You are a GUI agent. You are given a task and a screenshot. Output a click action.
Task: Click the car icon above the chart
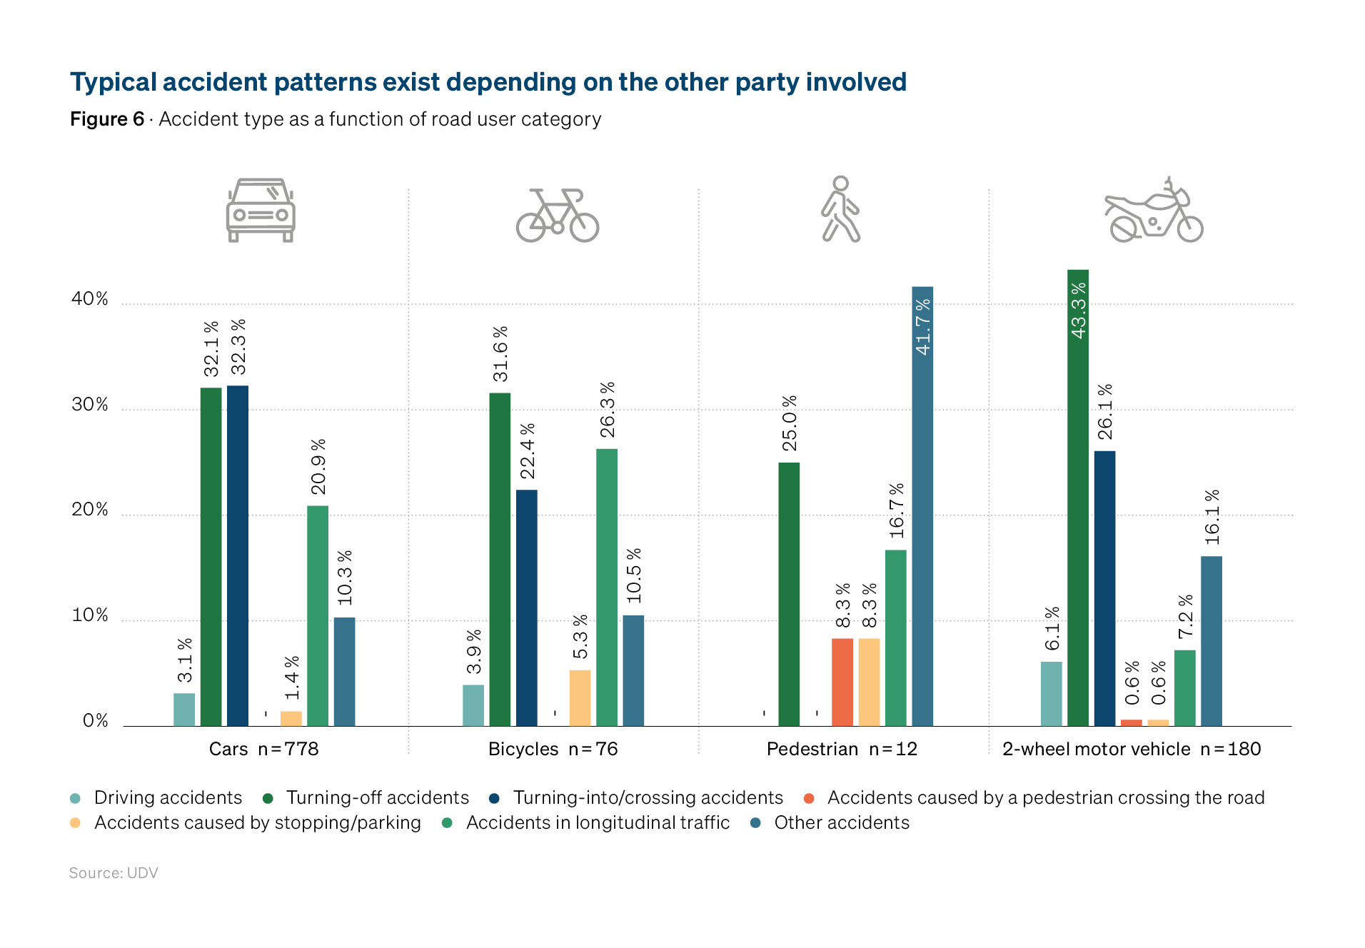pos(261,211)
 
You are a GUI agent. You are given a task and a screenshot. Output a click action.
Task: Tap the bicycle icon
pos(558,215)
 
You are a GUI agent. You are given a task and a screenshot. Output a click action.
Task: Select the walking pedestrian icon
pos(840,209)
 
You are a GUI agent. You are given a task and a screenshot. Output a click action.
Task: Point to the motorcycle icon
pos(1154,210)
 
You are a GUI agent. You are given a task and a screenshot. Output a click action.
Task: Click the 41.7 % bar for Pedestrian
pos(922,506)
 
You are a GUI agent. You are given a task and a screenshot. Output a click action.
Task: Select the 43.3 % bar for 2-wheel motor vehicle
pos(1078,498)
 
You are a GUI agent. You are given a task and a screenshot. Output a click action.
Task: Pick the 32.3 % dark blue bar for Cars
pos(238,556)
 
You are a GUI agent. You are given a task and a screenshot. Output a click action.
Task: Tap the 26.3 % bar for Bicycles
pos(607,588)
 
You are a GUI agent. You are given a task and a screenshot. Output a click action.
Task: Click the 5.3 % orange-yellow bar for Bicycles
pos(580,698)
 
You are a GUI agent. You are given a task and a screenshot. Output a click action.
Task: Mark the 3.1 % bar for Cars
pos(184,710)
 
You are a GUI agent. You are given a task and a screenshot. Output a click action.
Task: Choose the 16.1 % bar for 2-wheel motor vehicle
pos(1212,641)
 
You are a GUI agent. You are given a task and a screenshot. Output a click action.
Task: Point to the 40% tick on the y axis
pos(90,298)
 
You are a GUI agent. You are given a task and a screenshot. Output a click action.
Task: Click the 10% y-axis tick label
pos(90,615)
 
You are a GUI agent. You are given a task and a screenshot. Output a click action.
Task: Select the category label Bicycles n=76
pos(553,749)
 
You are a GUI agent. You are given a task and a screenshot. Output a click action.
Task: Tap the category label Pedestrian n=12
pos(842,749)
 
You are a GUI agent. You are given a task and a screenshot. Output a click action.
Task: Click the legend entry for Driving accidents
pos(156,797)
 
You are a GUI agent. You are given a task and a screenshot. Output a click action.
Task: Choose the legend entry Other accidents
pos(830,822)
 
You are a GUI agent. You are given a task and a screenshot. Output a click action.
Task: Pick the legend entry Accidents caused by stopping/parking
pos(246,822)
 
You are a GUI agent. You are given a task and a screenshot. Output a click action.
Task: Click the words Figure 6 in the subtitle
pos(107,118)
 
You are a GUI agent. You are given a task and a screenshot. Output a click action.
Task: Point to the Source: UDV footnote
pos(114,873)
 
